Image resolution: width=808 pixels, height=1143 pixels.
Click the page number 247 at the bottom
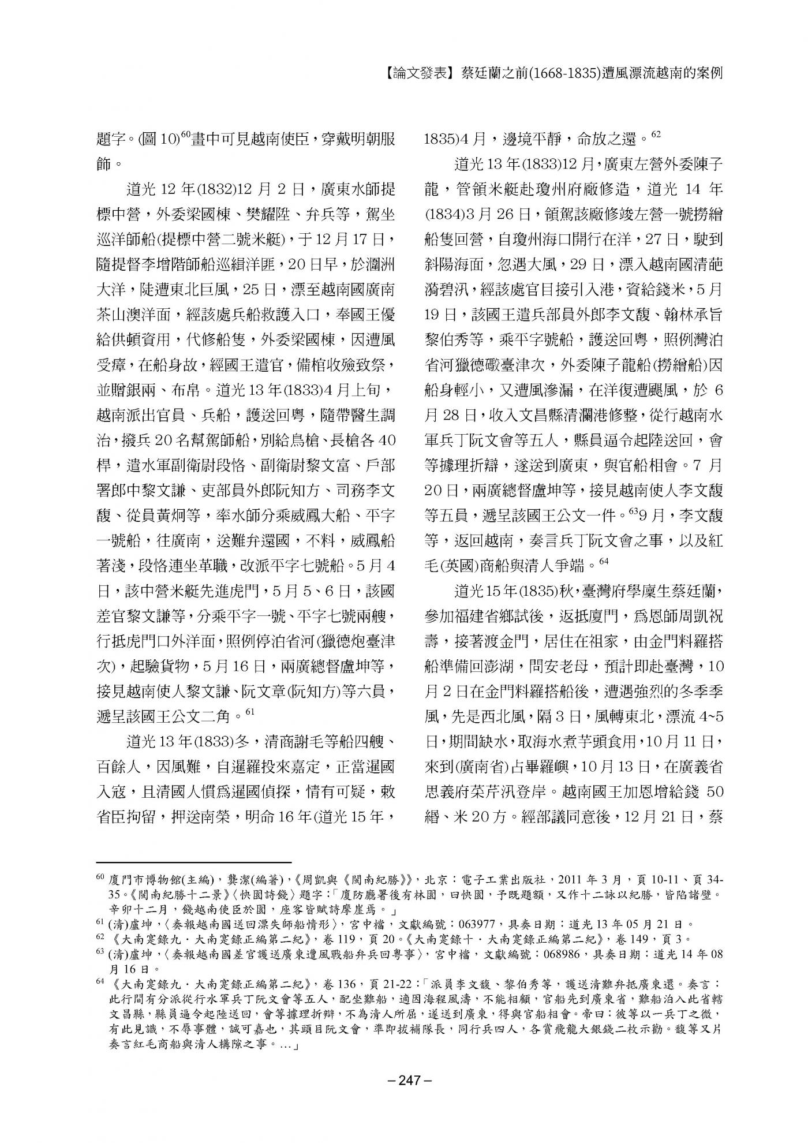coord(403,1078)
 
